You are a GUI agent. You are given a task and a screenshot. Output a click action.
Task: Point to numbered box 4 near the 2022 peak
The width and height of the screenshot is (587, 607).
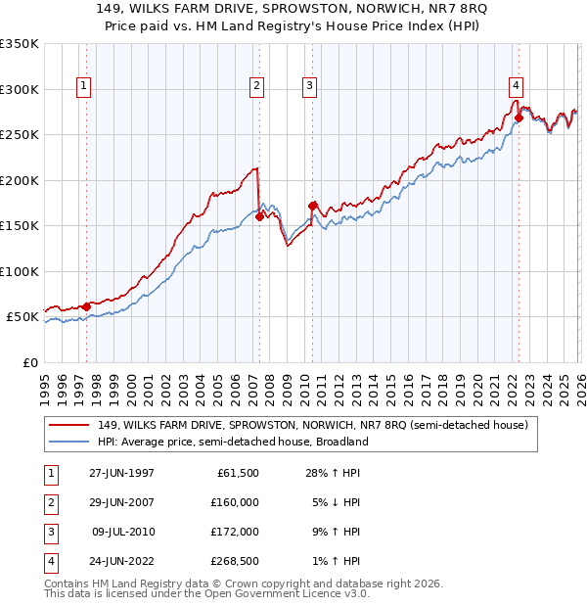pos(515,84)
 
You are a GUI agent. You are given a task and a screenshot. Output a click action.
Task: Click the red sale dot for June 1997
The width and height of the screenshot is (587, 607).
pos(86,306)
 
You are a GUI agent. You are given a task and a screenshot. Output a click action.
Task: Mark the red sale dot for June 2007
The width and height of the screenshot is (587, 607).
pos(259,217)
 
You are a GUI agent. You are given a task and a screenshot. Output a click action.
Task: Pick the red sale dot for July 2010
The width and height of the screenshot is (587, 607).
pos(312,207)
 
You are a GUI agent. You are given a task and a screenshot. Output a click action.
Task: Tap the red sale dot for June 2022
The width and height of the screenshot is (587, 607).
pos(519,118)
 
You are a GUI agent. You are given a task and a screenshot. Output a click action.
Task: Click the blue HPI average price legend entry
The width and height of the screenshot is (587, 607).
pos(232,442)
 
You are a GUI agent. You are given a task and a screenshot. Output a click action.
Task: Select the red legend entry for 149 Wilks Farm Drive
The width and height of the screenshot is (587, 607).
pos(312,425)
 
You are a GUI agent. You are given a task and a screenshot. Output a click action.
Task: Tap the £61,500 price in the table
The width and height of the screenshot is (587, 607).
pos(238,473)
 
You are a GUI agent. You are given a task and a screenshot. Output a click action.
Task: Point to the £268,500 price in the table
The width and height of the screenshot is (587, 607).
pos(235,561)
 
